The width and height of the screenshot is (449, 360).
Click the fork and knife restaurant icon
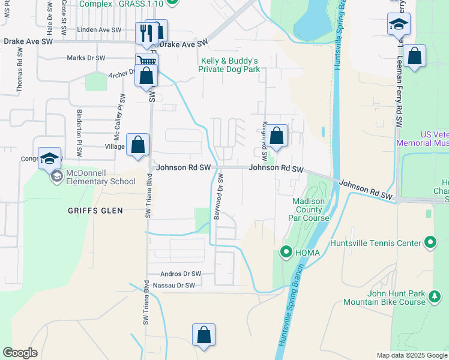(x=145, y=32)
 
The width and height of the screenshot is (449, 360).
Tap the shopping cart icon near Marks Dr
(x=146, y=61)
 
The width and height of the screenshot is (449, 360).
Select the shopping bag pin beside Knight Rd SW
(x=277, y=136)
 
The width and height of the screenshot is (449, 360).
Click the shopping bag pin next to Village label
(x=138, y=145)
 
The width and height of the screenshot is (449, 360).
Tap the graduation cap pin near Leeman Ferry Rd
(x=399, y=25)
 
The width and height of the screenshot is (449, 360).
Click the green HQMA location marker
(x=287, y=251)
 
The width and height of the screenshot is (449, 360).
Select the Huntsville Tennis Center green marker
(x=430, y=243)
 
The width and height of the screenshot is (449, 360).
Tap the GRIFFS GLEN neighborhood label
(x=95, y=211)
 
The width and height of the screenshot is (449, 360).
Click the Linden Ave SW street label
(x=98, y=29)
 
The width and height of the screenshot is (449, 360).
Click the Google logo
(x=20, y=353)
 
